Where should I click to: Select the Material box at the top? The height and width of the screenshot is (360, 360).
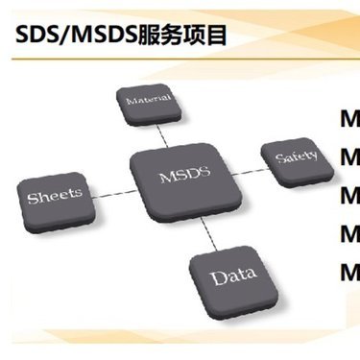[149, 99]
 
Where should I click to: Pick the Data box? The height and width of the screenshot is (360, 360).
[234, 278]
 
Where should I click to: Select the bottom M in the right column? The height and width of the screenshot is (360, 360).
[350, 271]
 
